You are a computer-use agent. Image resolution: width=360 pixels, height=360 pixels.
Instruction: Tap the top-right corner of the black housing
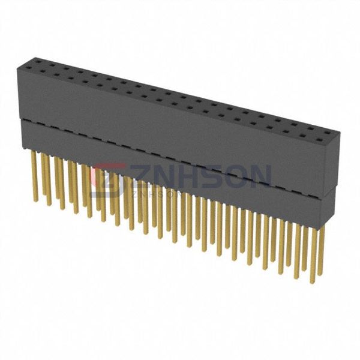point(340,133)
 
